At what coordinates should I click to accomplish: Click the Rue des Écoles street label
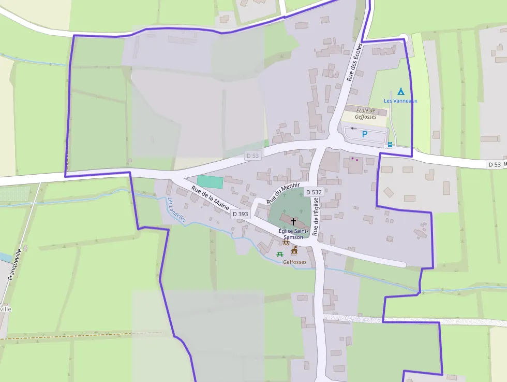(x=354, y=62)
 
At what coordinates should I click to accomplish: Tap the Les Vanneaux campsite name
(x=400, y=101)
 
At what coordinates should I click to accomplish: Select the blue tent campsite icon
(x=400, y=91)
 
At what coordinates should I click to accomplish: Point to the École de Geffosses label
(x=365, y=114)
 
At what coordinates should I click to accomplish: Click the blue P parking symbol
(x=364, y=134)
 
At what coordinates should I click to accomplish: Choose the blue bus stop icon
(x=390, y=145)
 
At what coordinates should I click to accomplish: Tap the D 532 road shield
(x=314, y=192)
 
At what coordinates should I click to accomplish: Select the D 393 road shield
(x=240, y=214)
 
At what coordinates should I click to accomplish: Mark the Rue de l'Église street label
(x=316, y=217)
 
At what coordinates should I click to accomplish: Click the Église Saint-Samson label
(x=293, y=234)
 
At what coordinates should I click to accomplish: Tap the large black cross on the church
(x=293, y=221)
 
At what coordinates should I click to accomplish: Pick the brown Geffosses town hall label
(x=294, y=262)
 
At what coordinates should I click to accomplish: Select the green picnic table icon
(x=280, y=254)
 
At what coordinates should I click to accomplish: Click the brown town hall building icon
(x=294, y=251)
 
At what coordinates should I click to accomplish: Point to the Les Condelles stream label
(x=176, y=210)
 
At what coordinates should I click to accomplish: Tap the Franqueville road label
(x=15, y=264)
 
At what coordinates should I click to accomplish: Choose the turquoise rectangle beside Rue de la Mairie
(x=210, y=182)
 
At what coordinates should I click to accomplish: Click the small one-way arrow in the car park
(x=354, y=128)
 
